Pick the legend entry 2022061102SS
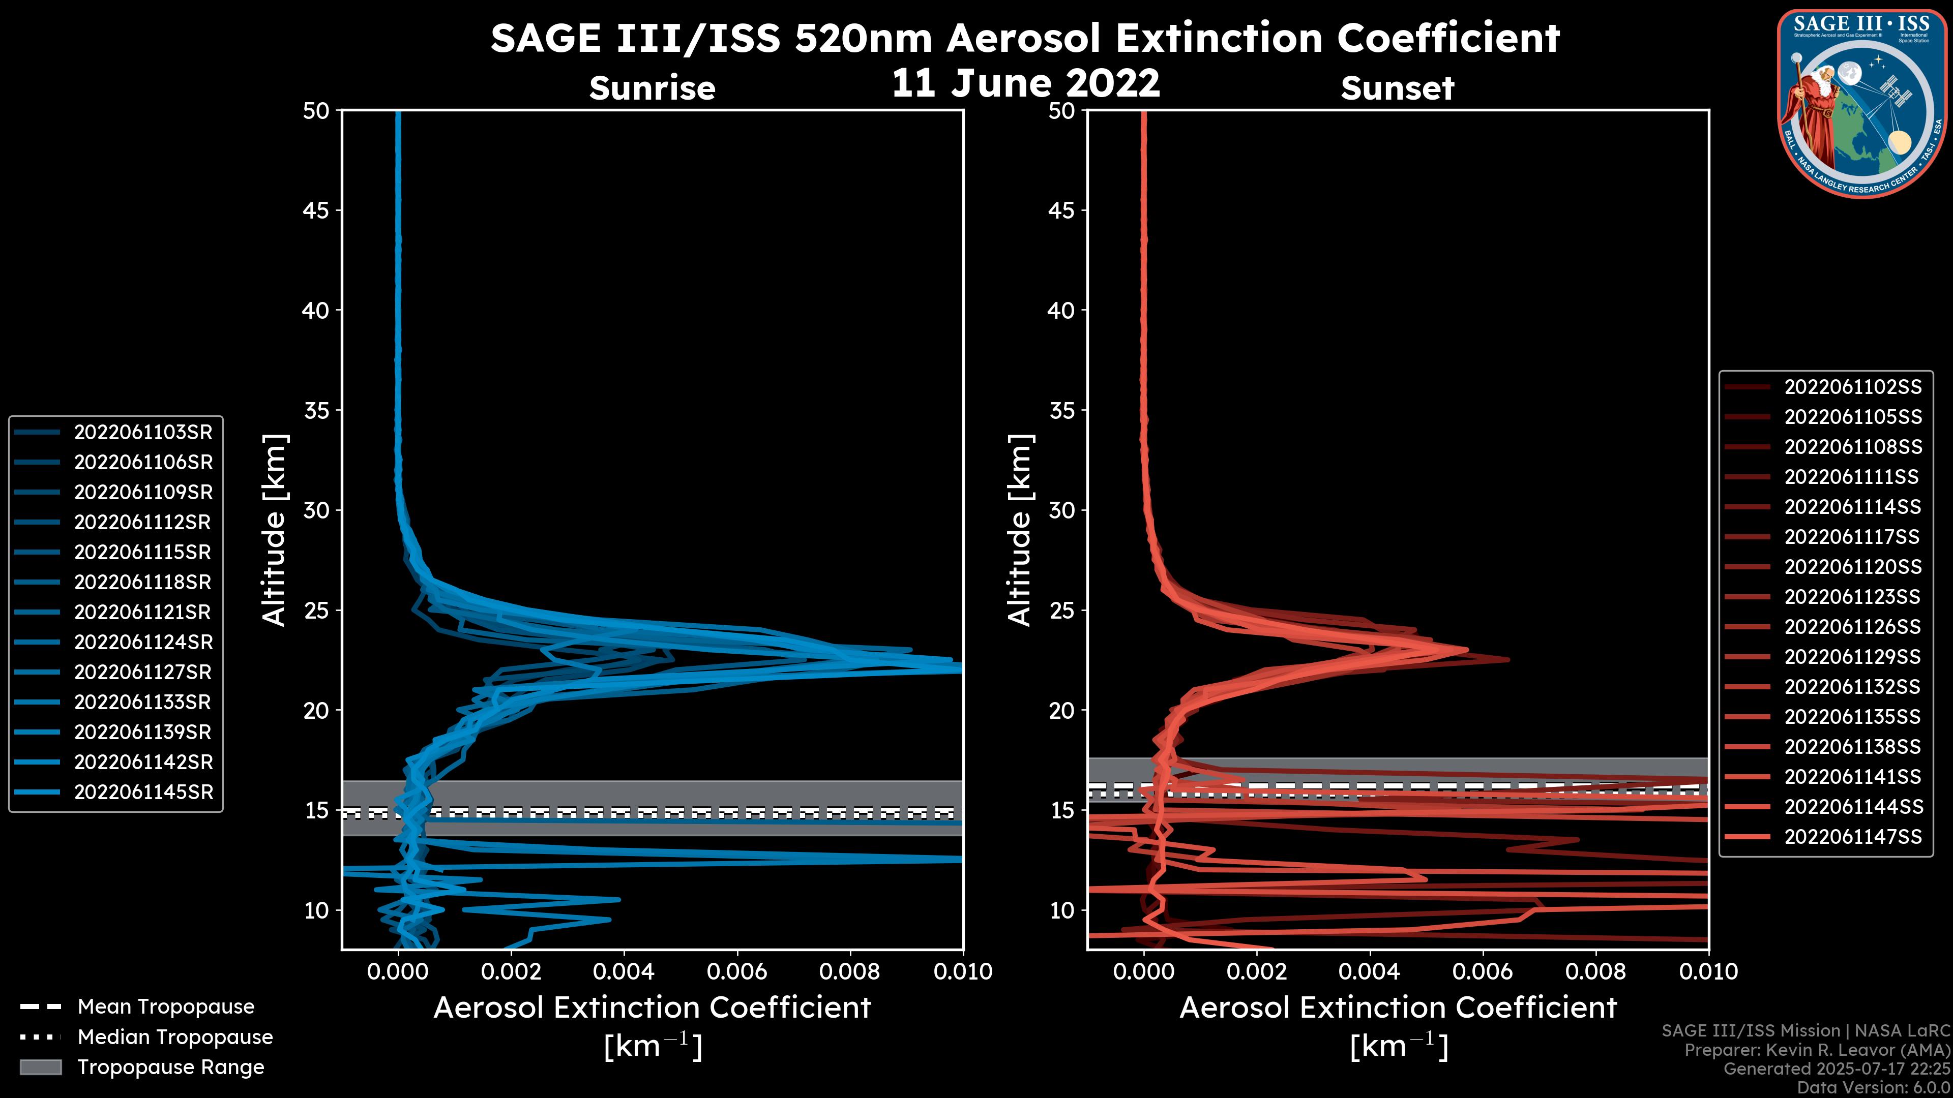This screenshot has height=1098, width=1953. pyautogui.click(x=1852, y=387)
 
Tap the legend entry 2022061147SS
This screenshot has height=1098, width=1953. pyautogui.click(x=1852, y=837)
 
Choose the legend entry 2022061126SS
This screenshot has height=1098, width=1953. pyautogui.click(x=1852, y=627)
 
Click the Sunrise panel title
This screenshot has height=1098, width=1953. pyautogui.click(x=652, y=88)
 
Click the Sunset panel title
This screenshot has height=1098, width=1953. pyautogui.click(x=1397, y=88)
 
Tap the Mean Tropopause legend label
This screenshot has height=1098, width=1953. pyautogui.click(x=166, y=1006)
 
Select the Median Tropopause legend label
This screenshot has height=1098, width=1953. pyautogui.click(x=175, y=1036)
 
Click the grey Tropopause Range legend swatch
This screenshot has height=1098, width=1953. pyautogui.click(x=40, y=1067)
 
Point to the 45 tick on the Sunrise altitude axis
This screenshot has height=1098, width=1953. pyautogui.click(x=316, y=210)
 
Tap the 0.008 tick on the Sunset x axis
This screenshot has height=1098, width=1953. pyautogui.click(x=1596, y=971)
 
